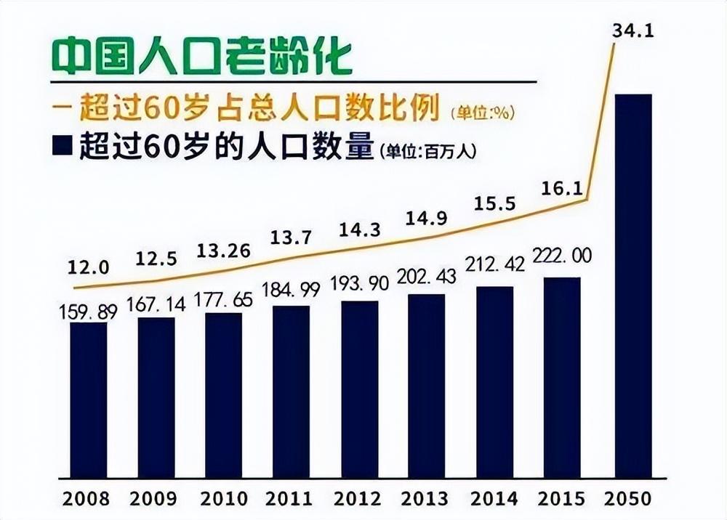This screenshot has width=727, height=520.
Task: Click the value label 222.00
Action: [x=561, y=256]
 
